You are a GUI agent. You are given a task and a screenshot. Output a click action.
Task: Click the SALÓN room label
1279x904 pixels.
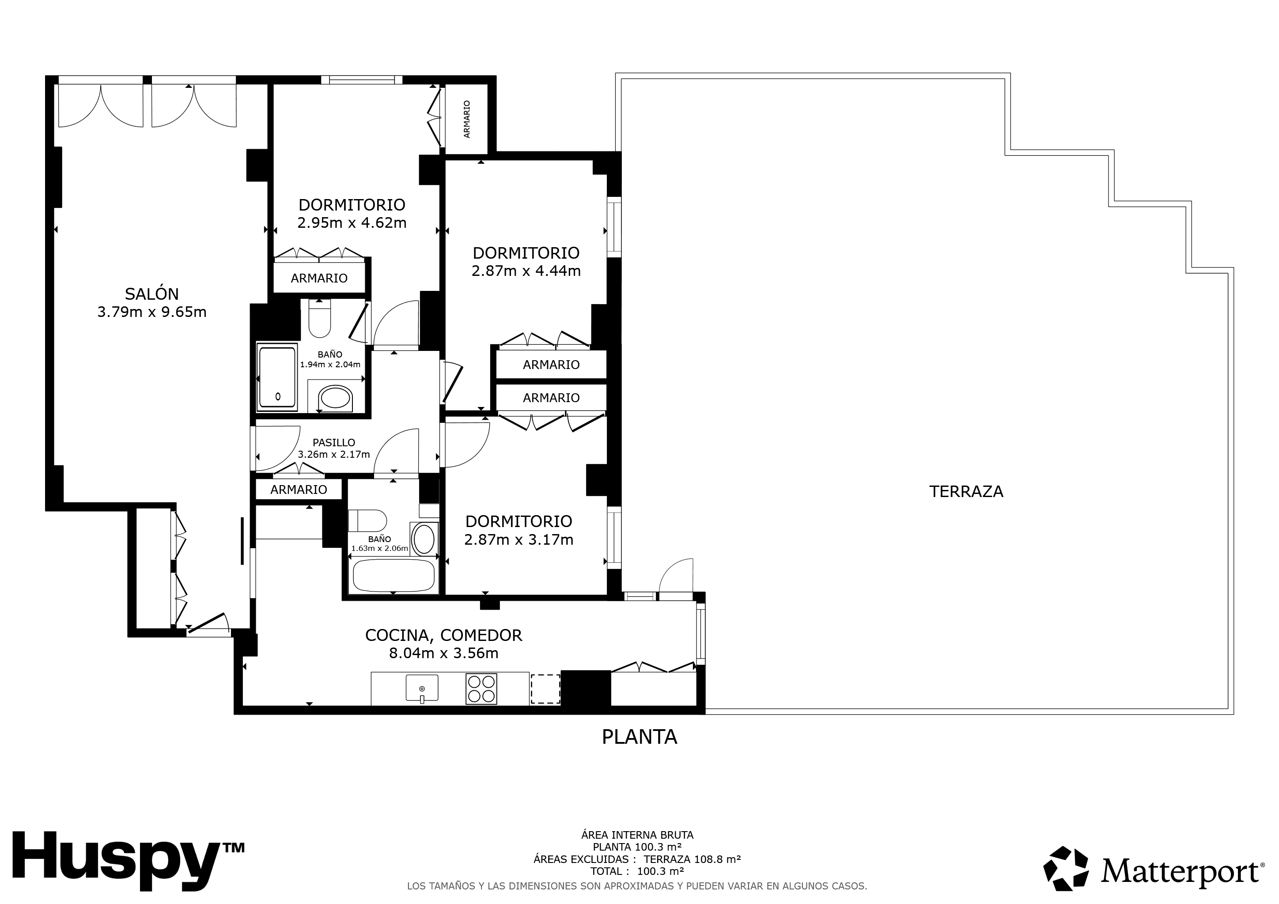[151, 294]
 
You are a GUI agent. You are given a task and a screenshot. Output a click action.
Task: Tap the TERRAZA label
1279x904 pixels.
[966, 492]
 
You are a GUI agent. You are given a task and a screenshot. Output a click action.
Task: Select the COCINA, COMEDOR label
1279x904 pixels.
[443, 635]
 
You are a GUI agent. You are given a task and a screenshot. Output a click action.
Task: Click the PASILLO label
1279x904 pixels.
[334, 443]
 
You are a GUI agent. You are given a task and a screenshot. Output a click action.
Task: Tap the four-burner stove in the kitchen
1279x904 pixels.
[481, 689]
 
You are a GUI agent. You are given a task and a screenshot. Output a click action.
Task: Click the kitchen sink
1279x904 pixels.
[422, 689]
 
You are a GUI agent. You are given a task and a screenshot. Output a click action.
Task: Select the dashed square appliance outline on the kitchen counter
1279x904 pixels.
[545, 689]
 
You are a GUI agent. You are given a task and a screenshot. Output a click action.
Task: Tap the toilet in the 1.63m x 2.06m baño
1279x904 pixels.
[367, 521]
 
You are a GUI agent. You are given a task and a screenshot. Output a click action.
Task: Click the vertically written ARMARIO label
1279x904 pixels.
[467, 119]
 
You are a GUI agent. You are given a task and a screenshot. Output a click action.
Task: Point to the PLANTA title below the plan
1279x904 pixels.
[639, 737]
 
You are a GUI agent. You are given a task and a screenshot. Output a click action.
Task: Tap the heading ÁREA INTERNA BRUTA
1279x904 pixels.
[637, 835]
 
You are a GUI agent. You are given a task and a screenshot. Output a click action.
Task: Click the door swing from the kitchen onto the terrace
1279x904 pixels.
[676, 576]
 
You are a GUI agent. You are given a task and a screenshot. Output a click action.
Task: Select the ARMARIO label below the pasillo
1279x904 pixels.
[299, 490]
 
